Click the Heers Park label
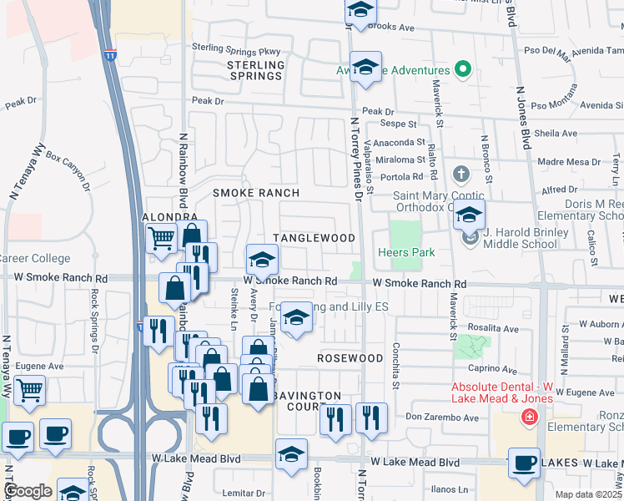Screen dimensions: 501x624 pos(403,252)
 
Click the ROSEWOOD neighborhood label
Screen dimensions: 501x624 pos(350,357)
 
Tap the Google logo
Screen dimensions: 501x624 pos(28,491)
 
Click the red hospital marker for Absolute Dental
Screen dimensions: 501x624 pos(527,417)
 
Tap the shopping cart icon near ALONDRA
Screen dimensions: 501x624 pos(160,238)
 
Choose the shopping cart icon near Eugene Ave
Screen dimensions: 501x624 pos(29,389)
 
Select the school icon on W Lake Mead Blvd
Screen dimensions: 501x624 pos(291,453)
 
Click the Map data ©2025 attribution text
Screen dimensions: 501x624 pos(588,494)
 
